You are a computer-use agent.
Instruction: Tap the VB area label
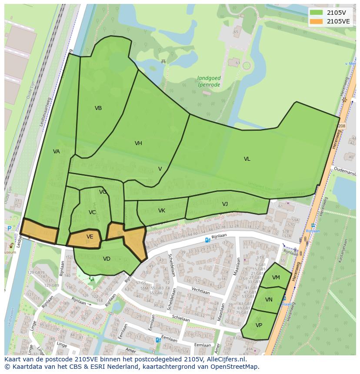point(98,108)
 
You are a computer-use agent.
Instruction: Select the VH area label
point(138,143)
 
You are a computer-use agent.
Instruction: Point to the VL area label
point(247,159)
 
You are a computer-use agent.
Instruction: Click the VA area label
point(57,152)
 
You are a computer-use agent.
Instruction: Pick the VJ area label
point(225,204)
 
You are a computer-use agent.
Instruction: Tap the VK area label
point(162,211)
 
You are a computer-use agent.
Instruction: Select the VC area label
point(92,212)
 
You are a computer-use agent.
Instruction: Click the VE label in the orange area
point(90,237)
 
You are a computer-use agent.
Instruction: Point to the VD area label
point(107,259)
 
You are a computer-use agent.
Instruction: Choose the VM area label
point(276,278)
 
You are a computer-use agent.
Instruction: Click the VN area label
point(269,300)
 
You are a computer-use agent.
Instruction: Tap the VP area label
point(259,325)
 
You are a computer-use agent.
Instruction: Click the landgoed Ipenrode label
point(209,81)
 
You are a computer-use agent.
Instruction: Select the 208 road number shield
point(341,126)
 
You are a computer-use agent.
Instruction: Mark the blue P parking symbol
point(10,228)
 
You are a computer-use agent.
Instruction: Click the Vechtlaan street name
point(201,292)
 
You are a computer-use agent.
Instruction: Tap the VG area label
point(103,192)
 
